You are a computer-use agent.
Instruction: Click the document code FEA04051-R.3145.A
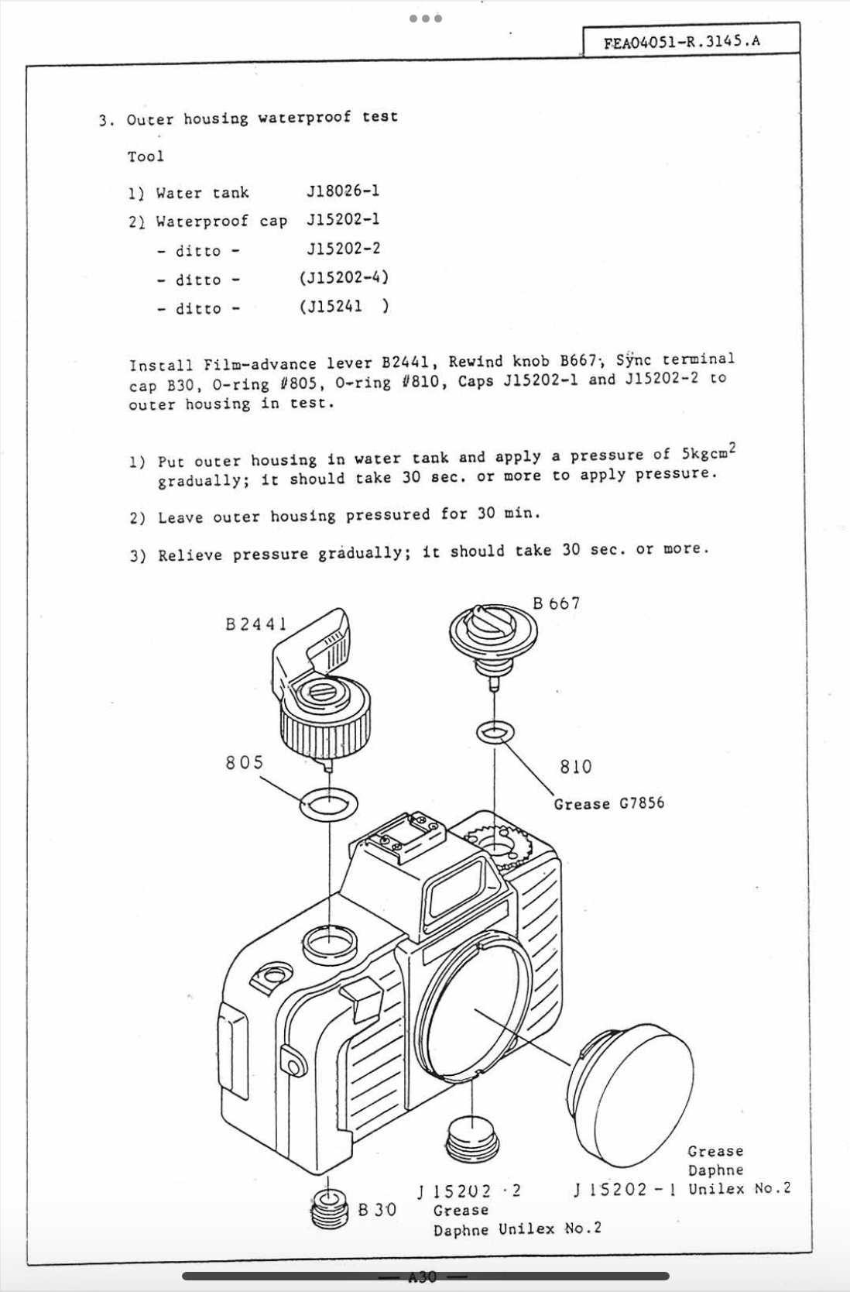[682, 41]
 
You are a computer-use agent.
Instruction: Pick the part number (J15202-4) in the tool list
[344, 277]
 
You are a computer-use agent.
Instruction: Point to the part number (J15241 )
[344, 307]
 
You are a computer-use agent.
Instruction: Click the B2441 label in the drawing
[256, 624]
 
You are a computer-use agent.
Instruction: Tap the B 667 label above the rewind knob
[556, 603]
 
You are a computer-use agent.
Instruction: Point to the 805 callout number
[245, 763]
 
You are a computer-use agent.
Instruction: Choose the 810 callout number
[575, 767]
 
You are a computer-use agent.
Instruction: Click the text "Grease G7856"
[608, 803]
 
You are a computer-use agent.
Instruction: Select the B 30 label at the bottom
[377, 1209]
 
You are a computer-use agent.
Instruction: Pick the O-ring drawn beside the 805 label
[329, 804]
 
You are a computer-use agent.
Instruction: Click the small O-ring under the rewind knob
[495, 731]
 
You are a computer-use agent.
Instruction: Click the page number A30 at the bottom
[423, 1277]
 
